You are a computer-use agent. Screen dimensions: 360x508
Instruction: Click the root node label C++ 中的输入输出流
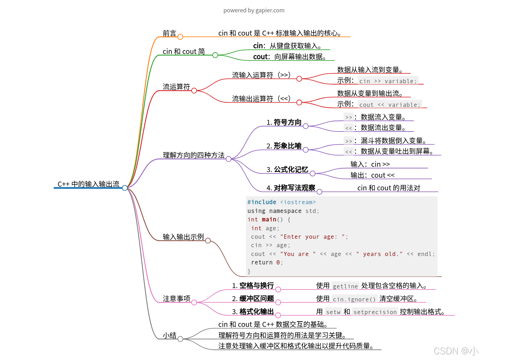coord(88,184)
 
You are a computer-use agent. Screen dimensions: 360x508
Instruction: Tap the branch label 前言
coord(169,33)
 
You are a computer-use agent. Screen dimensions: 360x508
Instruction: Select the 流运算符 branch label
coord(176,87)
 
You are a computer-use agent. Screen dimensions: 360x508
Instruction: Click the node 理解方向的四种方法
coord(193,155)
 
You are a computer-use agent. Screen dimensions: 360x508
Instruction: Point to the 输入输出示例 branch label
coord(183,237)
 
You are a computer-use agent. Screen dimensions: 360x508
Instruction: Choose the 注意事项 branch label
coord(176,299)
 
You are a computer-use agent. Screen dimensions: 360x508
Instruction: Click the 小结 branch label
coord(169,335)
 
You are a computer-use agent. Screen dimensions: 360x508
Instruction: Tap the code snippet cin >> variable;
coord(388,81)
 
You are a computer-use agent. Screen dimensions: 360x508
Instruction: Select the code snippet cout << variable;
coord(390,105)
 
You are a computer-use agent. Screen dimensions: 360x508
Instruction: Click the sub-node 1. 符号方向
coord(284,122)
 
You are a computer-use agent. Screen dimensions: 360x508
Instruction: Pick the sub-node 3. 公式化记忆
coord(288,170)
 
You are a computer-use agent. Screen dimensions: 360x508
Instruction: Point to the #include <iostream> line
coord(281,202)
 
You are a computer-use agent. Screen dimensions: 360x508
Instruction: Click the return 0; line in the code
coord(267,262)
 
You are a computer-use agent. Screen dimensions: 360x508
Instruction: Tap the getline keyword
coord(345,286)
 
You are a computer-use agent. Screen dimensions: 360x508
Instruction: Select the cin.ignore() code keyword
coord(354,299)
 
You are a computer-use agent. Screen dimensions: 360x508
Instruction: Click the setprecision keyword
coord(375,312)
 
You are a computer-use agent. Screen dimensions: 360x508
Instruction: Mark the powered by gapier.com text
coord(254,10)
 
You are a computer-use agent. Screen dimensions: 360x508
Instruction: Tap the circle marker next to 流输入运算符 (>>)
coord(299,79)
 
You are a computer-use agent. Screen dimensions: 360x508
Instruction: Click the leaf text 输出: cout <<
coord(372,175)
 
